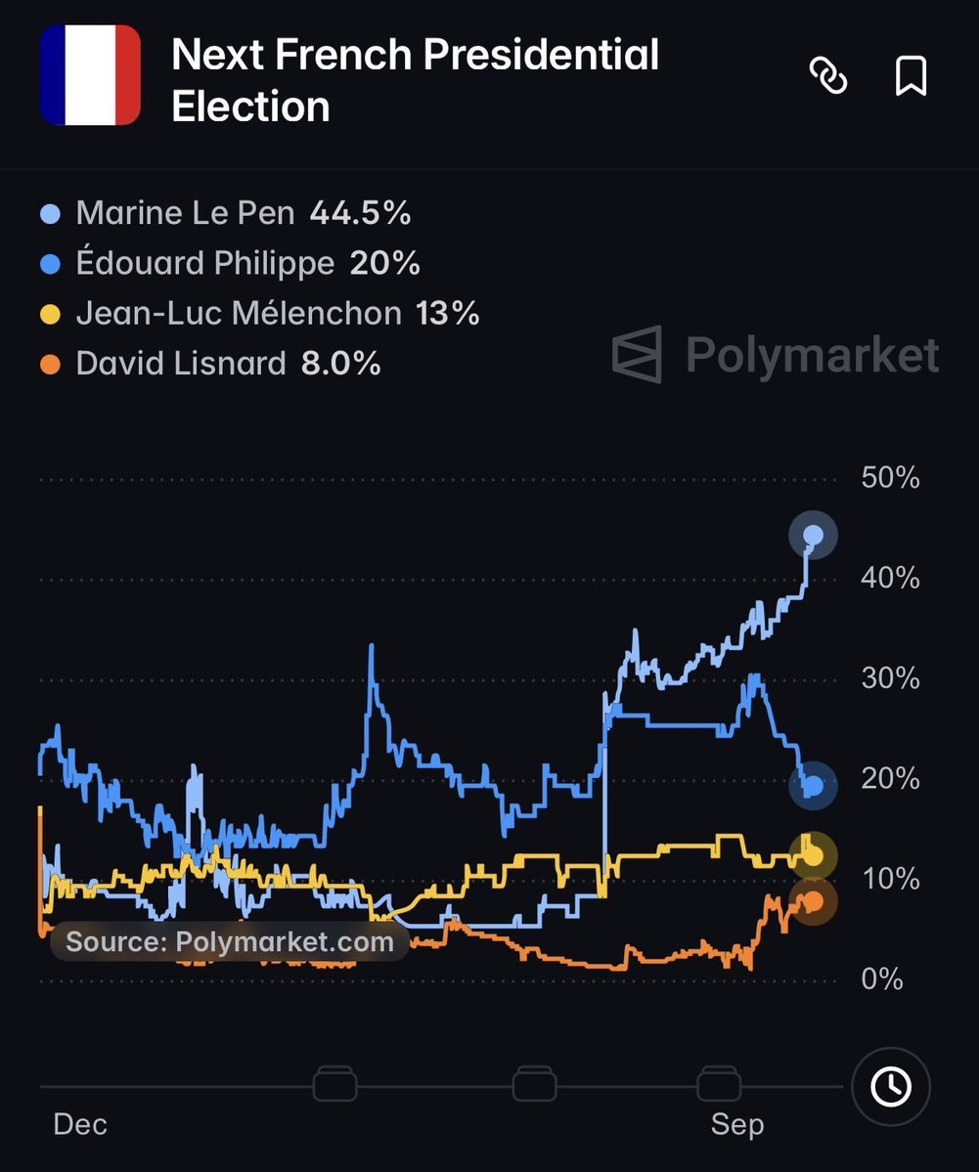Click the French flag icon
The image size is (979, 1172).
click(x=90, y=74)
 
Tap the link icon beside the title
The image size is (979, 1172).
click(x=828, y=75)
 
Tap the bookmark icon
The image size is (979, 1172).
click(x=911, y=75)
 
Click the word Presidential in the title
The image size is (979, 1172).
click(x=542, y=55)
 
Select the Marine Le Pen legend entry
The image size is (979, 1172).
click(x=225, y=213)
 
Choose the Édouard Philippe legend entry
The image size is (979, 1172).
click(x=230, y=263)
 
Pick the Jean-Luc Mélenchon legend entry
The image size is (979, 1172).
click(x=259, y=313)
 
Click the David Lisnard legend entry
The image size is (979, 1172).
click(x=210, y=364)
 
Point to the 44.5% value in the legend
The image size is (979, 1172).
click(x=361, y=213)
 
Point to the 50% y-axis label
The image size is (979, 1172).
click(x=890, y=478)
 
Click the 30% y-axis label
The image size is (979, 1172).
click(x=890, y=678)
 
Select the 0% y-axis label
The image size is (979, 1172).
click(x=882, y=978)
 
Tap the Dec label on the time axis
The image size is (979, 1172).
click(x=80, y=1124)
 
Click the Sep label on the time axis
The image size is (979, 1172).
click(x=737, y=1124)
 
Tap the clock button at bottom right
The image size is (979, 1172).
click(x=891, y=1086)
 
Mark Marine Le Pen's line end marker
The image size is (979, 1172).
click(x=813, y=536)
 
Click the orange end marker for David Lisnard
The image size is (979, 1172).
click(x=813, y=901)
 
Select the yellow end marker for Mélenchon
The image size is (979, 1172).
click(x=813, y=856)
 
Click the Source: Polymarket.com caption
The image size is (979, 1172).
click(x=230, y=941)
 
